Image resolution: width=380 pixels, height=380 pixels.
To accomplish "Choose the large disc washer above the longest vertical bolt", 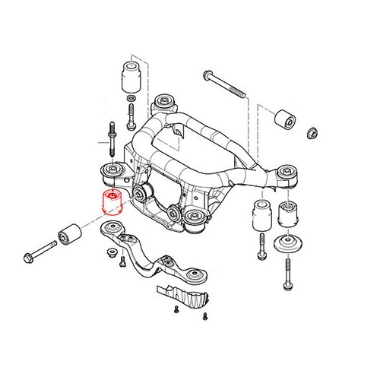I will pos(290,244).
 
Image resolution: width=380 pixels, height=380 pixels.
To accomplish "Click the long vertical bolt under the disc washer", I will pos(290,274).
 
